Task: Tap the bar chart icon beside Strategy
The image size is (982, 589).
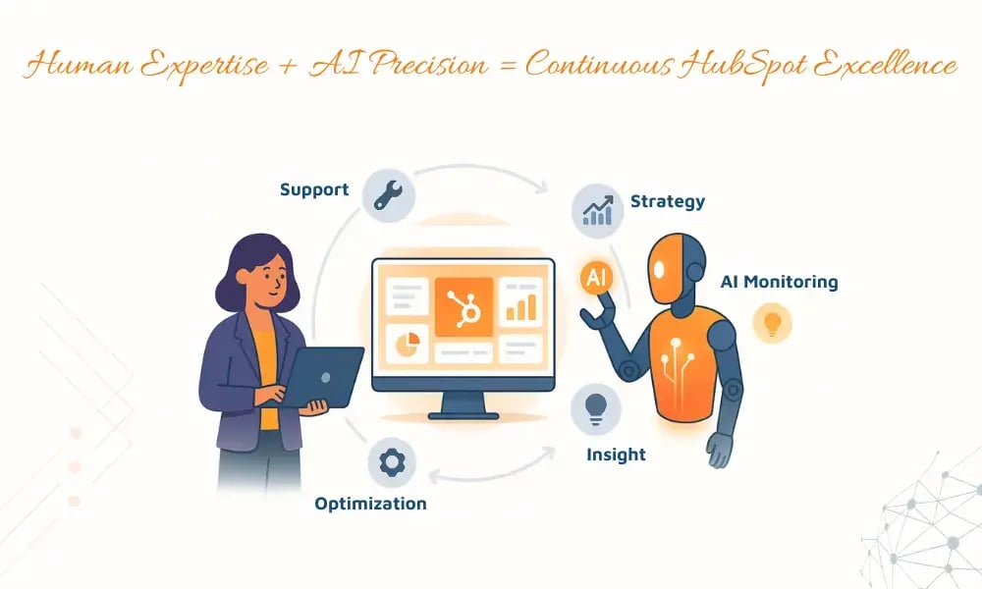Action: [596, 207]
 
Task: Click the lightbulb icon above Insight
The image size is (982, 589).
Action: [594, 407]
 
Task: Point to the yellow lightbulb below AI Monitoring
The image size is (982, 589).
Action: [772, 324]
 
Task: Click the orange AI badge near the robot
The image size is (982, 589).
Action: [596, 278]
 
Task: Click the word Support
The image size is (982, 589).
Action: [314, 189]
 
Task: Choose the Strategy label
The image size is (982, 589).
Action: [668, 202]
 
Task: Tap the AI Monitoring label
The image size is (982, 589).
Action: [780, 283]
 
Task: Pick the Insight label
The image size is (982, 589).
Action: [616, 455]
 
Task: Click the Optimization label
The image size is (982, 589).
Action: [370, 505]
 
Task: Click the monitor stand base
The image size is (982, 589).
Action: [464, 415]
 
